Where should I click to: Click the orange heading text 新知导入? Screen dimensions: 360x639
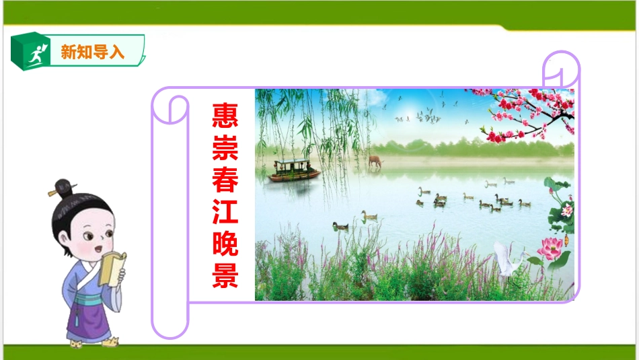93,52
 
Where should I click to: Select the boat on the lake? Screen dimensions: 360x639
294,170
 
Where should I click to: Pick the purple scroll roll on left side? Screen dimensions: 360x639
170,215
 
